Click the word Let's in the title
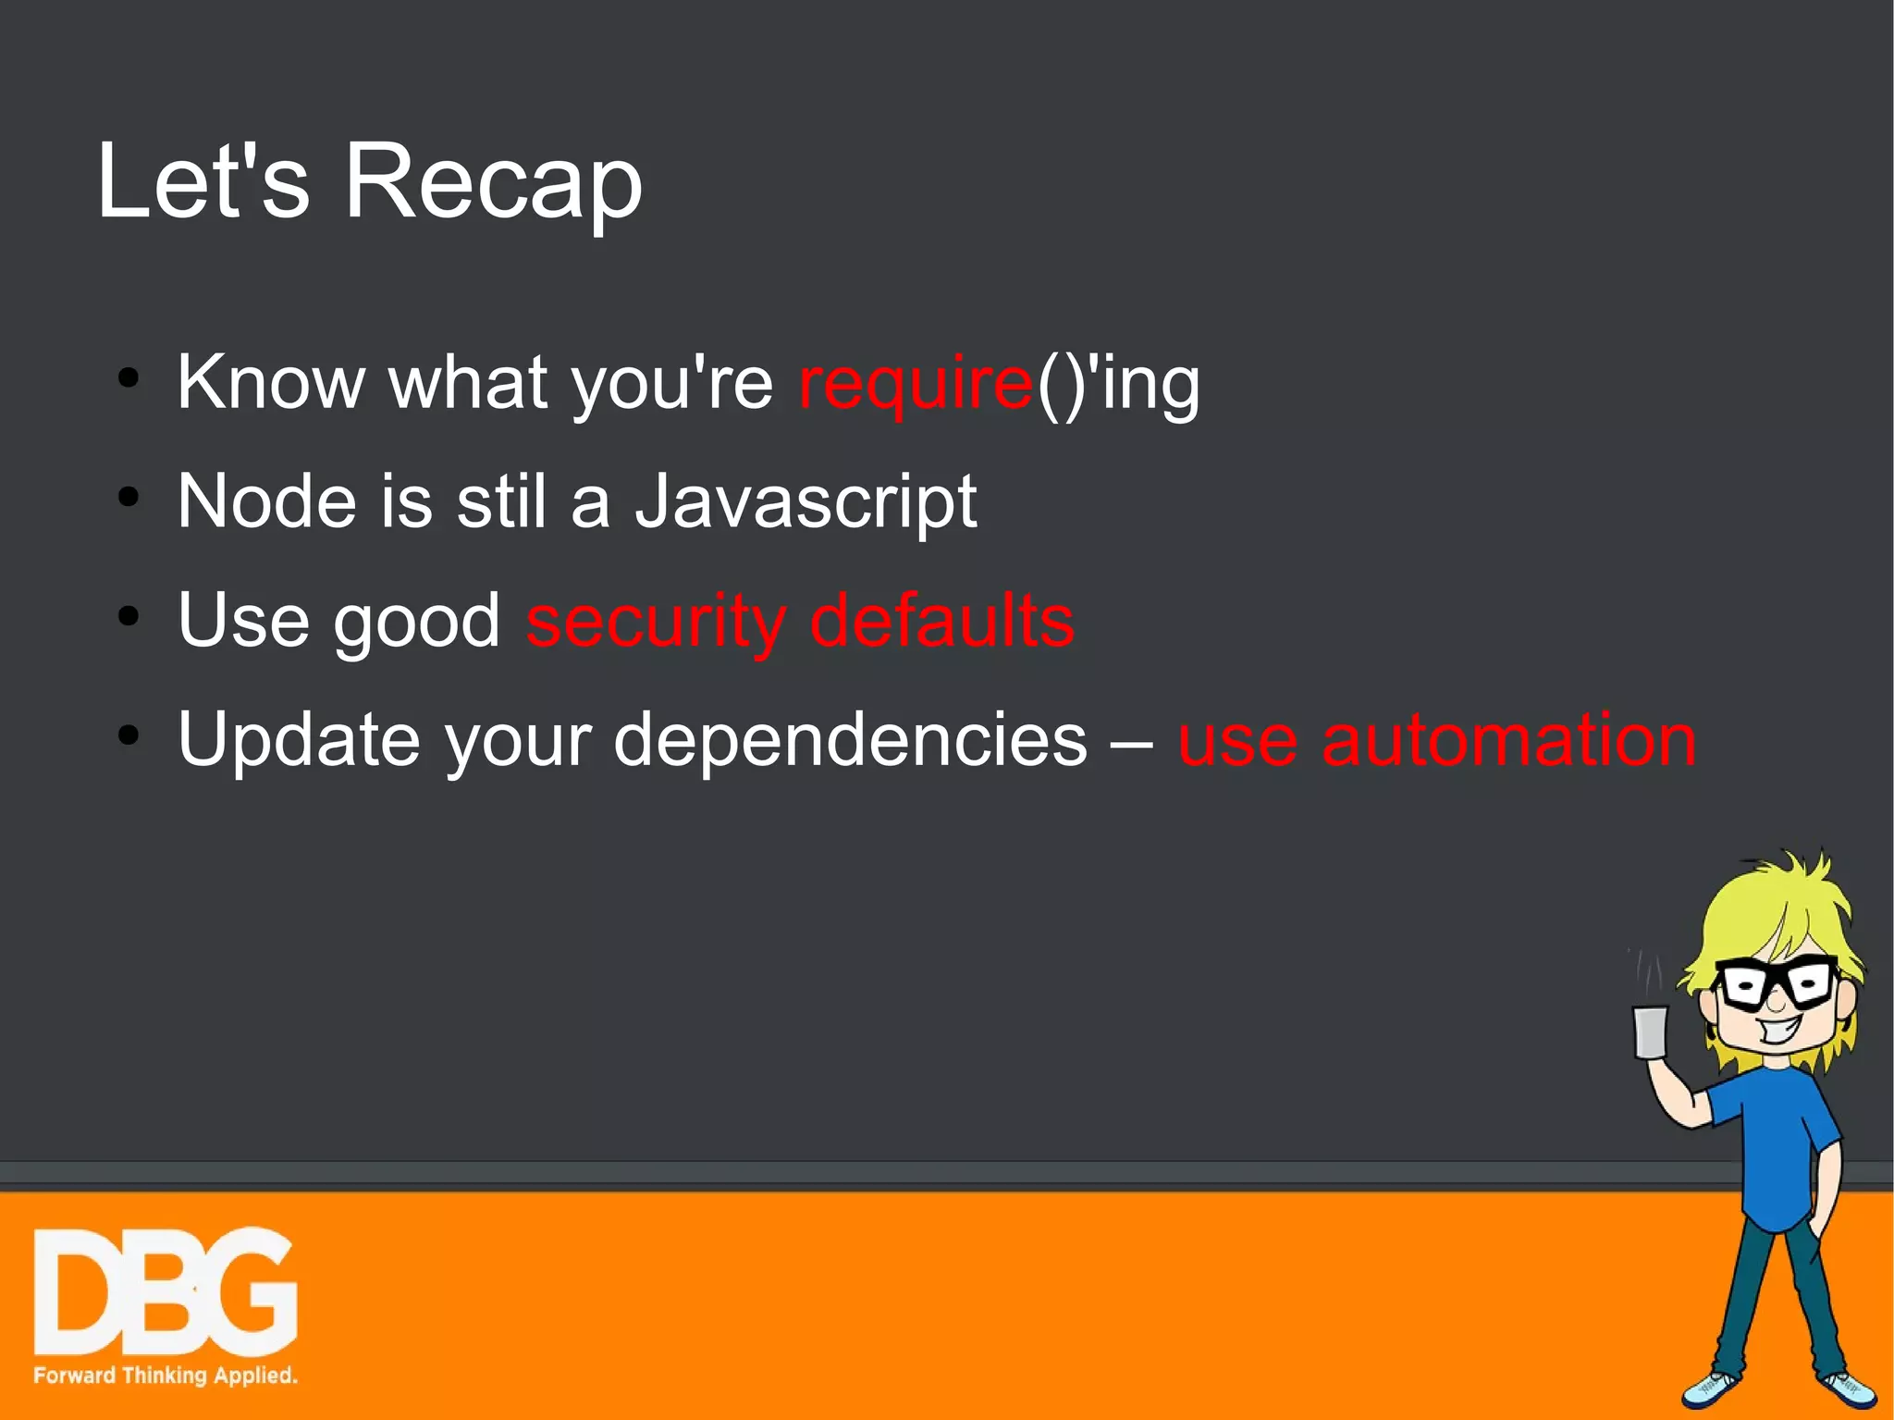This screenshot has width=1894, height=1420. click(x=203, y=182)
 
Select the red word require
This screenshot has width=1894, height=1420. click(x=915, y=384)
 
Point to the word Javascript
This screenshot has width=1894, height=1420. click(x=806, y=503)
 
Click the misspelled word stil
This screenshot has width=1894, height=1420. click(x=501, y=501)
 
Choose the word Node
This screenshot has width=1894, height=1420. click(x=266, y=501)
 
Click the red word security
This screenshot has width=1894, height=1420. click(x=656, y=622)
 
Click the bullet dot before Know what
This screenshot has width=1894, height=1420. click(x=129, y=377)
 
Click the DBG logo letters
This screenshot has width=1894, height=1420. click(x=165, y=1292)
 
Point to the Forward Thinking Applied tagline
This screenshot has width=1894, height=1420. click(x=165, y=1375)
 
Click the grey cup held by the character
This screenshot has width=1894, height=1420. click(x=1650, y=1031)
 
